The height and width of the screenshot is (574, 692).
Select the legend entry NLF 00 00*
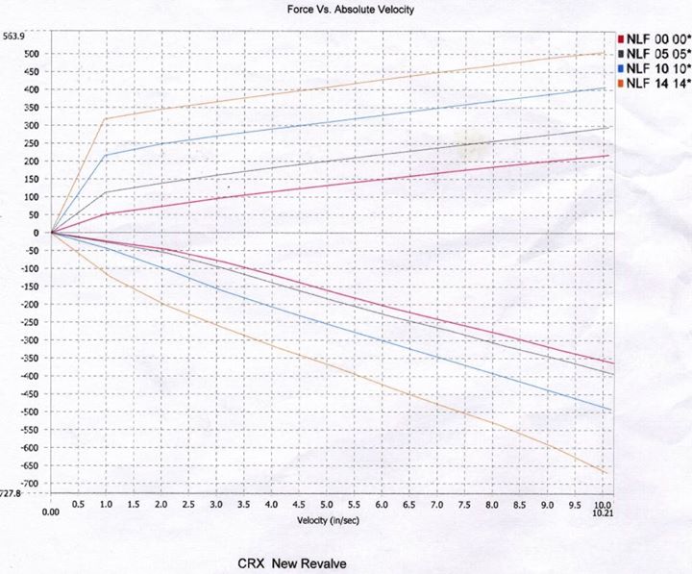pyautogui.click(x=655, y=37)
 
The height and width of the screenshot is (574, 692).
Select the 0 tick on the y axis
pyautogui.click(x=37, y=233)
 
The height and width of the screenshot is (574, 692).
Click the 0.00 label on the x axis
pyautogui.click(x=51, y=512)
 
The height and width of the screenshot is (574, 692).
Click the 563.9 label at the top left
pyautogui.click(x=12, y=36)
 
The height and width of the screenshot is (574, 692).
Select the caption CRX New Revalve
pyautogui.click(x=293, y=560)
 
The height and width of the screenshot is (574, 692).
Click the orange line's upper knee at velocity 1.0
pyautogui.click(x=105, y=118)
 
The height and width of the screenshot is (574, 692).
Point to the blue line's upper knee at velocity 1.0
pyautogui.click(x=105, y=155)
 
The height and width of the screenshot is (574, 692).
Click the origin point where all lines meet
pyautogui.click(x=51, y=233)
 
